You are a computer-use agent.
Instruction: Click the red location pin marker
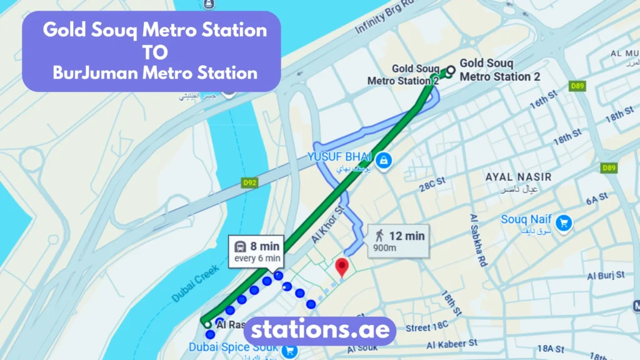point(341,267)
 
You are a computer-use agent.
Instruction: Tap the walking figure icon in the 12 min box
point(379,236)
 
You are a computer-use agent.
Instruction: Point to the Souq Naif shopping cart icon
point(564,221)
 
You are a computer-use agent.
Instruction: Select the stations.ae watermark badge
point(320,330)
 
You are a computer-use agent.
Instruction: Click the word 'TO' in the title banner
point(155,51)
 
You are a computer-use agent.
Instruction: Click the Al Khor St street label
point(326,222)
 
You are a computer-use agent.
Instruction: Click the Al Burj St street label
point(605,275)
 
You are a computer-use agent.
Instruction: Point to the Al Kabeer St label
point(452,344)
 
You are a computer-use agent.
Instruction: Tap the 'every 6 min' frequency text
point(257,258)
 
